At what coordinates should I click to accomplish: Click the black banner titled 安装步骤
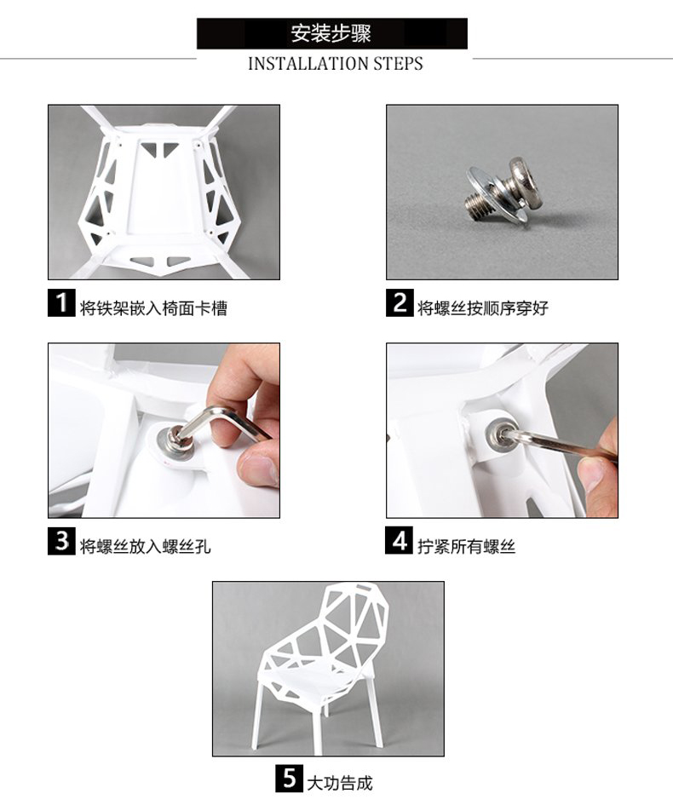[x=331, y=33]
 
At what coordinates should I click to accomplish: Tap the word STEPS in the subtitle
[x=398, y=64]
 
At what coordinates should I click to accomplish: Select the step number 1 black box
[x=61, y=303]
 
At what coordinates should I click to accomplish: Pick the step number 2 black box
[x=400, y=303]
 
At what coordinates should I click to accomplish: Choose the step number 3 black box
[x=61, y=541]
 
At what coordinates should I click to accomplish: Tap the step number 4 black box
[x=399, y=541]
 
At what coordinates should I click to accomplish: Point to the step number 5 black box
[x=289, y=779]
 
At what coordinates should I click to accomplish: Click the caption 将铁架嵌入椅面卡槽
[x=153, y=308]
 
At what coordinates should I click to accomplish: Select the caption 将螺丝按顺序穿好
[x=482, y=308]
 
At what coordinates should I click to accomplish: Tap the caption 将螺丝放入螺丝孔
[x=145, y=546]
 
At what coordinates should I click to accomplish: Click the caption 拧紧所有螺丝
[x=466, y=546]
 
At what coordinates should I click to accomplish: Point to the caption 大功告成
[x=339, y=784]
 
